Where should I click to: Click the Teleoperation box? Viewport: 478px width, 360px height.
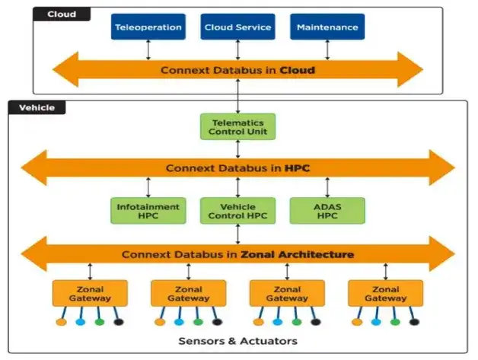(x=148, y=27)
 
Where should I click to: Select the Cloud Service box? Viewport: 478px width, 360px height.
(x=237, y=27)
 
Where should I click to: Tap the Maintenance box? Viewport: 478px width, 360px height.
(x=327, y=27)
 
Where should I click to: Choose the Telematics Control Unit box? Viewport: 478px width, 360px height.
(x=237, y=126)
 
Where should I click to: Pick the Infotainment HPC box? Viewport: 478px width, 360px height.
(x=148, y=211)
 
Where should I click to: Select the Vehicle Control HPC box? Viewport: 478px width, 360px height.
(x=237, y=211)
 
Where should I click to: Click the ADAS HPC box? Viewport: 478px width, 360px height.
(x=327, y=211)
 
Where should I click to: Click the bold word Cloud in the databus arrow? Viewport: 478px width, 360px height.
(x=297, y=70)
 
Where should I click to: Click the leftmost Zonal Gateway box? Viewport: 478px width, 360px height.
(x=89, y=293)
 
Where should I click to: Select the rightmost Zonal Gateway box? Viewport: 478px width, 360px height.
(x=386, y=293)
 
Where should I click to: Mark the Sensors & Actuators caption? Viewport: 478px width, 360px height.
(x=237, y=340)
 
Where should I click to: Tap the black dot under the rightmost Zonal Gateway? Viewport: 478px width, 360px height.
(x=415, y=322)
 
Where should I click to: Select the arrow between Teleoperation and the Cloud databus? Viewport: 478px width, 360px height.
(x=148, y=49)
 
